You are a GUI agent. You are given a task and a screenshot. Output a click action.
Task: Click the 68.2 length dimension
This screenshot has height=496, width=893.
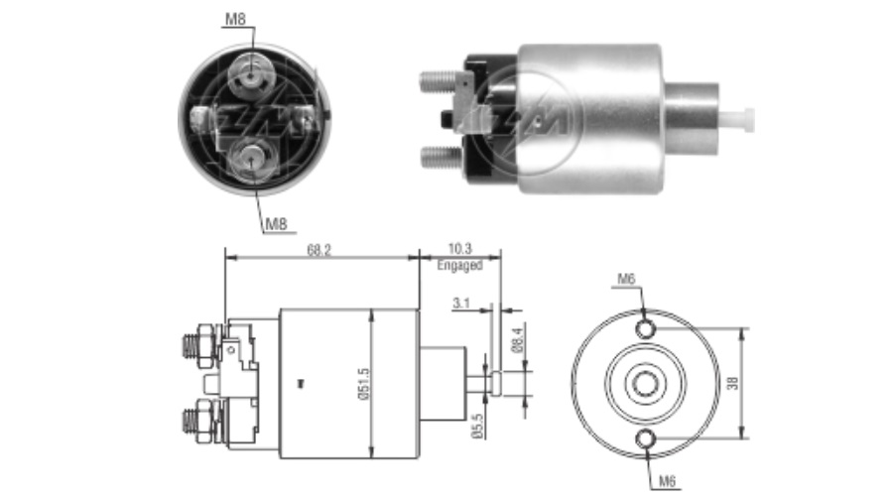coord(319,250)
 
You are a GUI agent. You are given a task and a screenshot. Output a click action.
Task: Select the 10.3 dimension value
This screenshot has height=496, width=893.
coord(459,249)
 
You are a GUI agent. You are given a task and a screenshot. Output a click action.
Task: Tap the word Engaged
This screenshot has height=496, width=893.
coord(459,266)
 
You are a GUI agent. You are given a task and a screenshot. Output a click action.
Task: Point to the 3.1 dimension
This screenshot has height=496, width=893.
coord(460,304)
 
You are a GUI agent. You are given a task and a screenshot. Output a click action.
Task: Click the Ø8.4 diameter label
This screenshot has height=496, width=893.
coord(518,339)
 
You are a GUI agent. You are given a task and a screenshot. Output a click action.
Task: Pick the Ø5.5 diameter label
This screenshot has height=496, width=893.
coord(477,425)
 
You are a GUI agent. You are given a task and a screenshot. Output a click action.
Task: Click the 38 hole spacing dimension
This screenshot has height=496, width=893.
coord(733,383)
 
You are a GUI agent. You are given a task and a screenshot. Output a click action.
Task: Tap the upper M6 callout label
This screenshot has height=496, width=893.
coord(626,279)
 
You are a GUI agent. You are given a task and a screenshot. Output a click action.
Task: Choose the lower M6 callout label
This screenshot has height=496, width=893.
coord(667,481)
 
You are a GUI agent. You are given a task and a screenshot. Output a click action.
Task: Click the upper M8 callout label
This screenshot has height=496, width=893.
coord(235,19)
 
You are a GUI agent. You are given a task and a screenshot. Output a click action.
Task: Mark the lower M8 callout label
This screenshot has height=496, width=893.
coord(276,224)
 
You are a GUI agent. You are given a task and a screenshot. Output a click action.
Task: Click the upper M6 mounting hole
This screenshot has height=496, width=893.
coord(645,328)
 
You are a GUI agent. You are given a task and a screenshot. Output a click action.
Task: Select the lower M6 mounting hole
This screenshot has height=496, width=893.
coord(645,439)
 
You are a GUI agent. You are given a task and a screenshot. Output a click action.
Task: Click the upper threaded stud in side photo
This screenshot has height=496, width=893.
coord(440,82)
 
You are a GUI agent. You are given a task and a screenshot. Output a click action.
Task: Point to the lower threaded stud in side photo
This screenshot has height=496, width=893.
coord(442,157)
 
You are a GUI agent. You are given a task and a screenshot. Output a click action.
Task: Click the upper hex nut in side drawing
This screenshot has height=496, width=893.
coord(205,345)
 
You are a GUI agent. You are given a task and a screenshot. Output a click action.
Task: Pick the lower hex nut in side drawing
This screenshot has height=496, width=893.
coord(205,421)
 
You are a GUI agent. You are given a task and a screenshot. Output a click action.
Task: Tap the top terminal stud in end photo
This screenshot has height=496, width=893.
coord(252,72)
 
